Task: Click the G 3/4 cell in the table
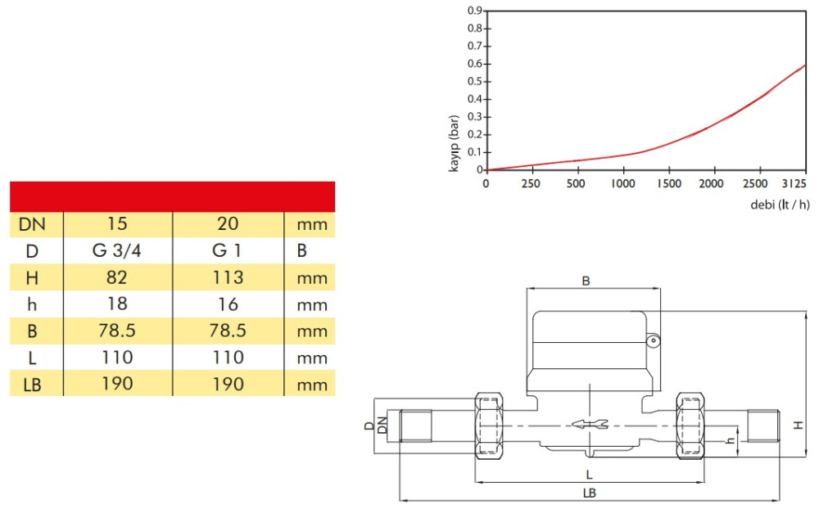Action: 116,250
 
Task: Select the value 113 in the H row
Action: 228,277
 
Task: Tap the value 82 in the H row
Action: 116,277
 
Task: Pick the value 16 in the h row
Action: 228,304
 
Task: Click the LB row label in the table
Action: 32,385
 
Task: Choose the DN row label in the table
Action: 32,224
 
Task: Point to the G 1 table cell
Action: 227,250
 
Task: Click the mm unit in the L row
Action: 312,358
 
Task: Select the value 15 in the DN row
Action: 117,223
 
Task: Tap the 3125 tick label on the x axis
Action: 794,183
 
